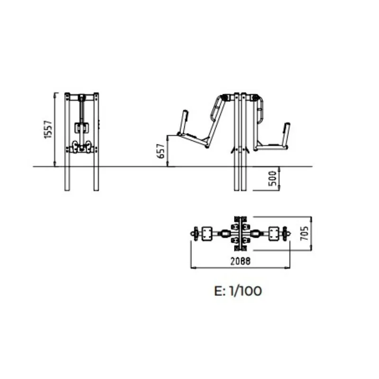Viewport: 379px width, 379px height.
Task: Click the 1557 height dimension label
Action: (x=48, y=129)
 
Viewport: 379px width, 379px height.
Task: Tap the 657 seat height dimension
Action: (x=161, y=151)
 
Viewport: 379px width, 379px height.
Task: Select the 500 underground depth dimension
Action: (x=272, y=179)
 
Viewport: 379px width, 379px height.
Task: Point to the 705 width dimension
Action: (x=305, y=233)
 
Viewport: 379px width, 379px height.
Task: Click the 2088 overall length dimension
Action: (x=240, y=262)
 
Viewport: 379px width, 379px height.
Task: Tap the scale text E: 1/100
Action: (x=238, y=291)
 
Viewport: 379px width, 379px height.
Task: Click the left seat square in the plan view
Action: (x=207, y=234)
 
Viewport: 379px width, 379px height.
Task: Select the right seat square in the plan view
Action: (x=274, y=234)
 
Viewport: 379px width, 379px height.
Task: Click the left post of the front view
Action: (x=67, y=142)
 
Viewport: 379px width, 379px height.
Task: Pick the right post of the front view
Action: (x=96, y=142)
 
